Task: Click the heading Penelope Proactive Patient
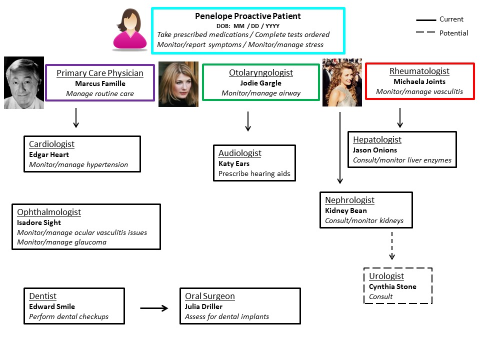(248, 16)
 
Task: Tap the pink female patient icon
(130, 29)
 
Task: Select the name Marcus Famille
(100, 83)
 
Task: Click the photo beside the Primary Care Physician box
(24, 82)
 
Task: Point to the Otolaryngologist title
(261, 73)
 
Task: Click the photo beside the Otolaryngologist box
(178, 84)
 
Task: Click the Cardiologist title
(51, 144)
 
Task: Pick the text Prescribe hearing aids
(254, 174)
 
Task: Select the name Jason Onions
(375, 150)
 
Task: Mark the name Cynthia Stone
(392, 286)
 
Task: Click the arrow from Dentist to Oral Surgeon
(154, 308)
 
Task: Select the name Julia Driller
(203, 306)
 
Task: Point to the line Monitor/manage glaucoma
(61, 242)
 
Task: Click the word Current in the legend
(451, 19)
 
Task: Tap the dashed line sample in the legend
(425, 33)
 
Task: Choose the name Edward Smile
(52, 306)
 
